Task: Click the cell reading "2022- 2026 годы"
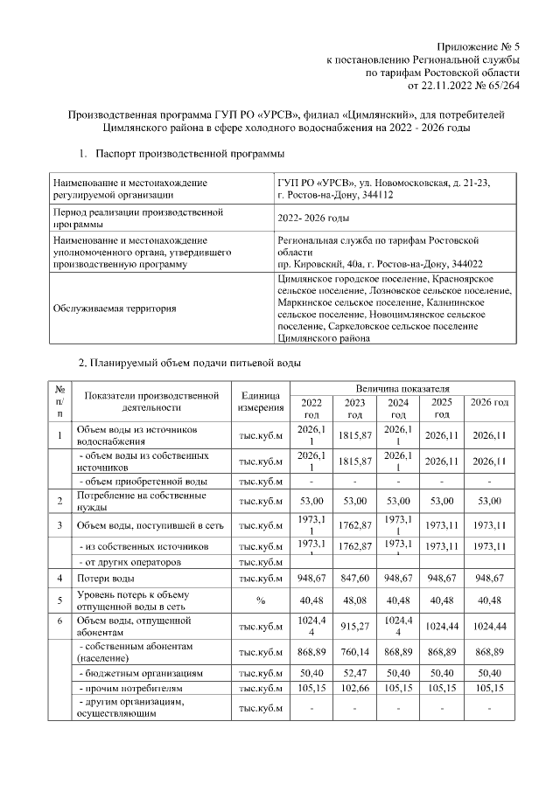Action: click(x=312, y=218)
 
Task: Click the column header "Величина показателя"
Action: click(x=402, y=387)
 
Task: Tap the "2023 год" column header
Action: click(x=354, y=408)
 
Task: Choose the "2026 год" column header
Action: click(x=489, y=402)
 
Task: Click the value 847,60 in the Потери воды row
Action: click(x=354, y=579)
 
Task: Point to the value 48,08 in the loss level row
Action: click(x=354, y=600)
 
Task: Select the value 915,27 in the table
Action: click(x=354, y=627)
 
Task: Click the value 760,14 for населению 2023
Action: click(x=354, y=652)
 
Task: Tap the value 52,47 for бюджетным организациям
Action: click(x=354, y=675)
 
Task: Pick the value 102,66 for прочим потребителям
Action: click(x=354, y=690)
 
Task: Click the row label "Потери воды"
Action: click(x=106, y=579)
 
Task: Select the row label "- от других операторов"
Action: click(x=130, y=562)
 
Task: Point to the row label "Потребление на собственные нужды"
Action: click(x=130, y=501)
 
